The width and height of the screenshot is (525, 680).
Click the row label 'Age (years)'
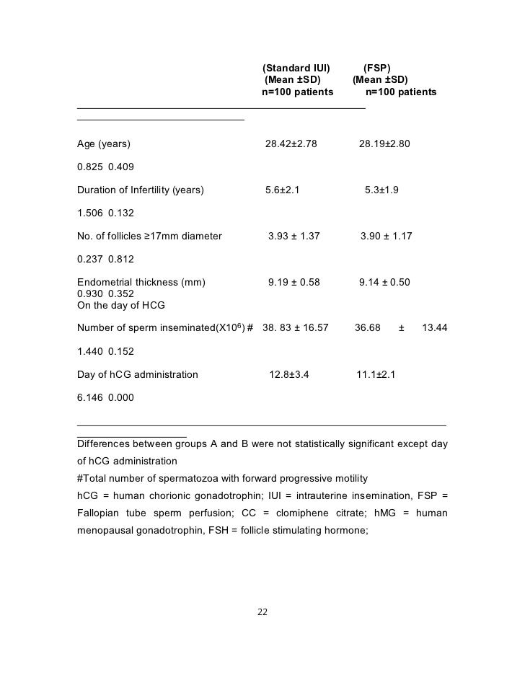tap(104, 144)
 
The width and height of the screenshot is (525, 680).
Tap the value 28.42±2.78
tap(291, 144)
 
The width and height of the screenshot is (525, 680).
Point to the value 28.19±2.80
tap(384, 144)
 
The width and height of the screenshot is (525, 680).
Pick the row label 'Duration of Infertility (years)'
tap(141, 190)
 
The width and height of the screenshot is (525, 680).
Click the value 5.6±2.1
tap(282, 190)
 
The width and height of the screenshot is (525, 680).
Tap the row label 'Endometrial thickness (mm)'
tap(141, 283)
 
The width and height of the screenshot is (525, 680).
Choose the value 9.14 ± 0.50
tap(384, 283)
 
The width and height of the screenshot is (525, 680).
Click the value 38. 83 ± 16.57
tap(296, 328)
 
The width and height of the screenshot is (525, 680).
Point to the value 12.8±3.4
tap(288, 375)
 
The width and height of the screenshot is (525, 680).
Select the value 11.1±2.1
tap(376, 375)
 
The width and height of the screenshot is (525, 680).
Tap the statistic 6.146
tap(89, 397)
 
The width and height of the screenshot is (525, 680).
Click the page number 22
tap(262, 612)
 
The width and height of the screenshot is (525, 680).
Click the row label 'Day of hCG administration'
tap(138, 375)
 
